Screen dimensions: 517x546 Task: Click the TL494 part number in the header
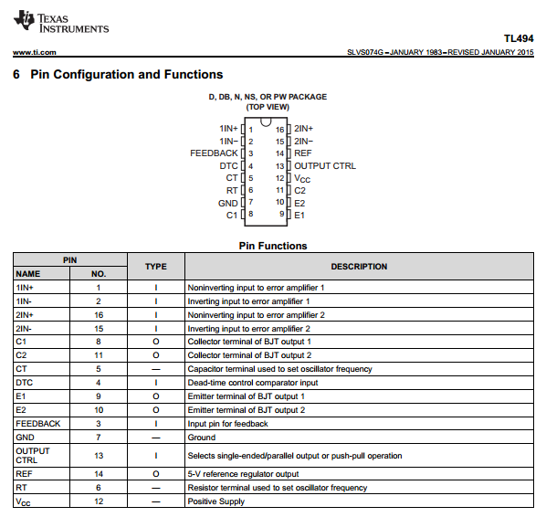tap(518, 39)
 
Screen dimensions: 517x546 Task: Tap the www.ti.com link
tap(35, 53)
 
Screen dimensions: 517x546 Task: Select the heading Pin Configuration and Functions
tap(126, 75)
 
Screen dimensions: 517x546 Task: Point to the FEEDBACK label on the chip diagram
tap(214, 153)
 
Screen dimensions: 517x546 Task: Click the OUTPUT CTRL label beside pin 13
tap(325, 166)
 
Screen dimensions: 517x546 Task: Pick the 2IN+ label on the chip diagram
tap(303, 129)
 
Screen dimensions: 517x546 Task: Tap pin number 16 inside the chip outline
tap(280, 130)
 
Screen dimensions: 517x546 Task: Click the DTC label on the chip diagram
tap(228, 166)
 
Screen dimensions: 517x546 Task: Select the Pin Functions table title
tap(273, 246)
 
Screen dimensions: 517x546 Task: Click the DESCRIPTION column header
tap(359, 267)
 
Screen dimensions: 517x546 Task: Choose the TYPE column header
tap(156, 267)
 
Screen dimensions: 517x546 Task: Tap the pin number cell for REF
tap(99, 475)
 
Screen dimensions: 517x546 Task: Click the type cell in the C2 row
tap(156, 355)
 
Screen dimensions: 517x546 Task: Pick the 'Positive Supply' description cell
tap(216, 501)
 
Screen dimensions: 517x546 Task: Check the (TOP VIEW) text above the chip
tap(267, 107)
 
